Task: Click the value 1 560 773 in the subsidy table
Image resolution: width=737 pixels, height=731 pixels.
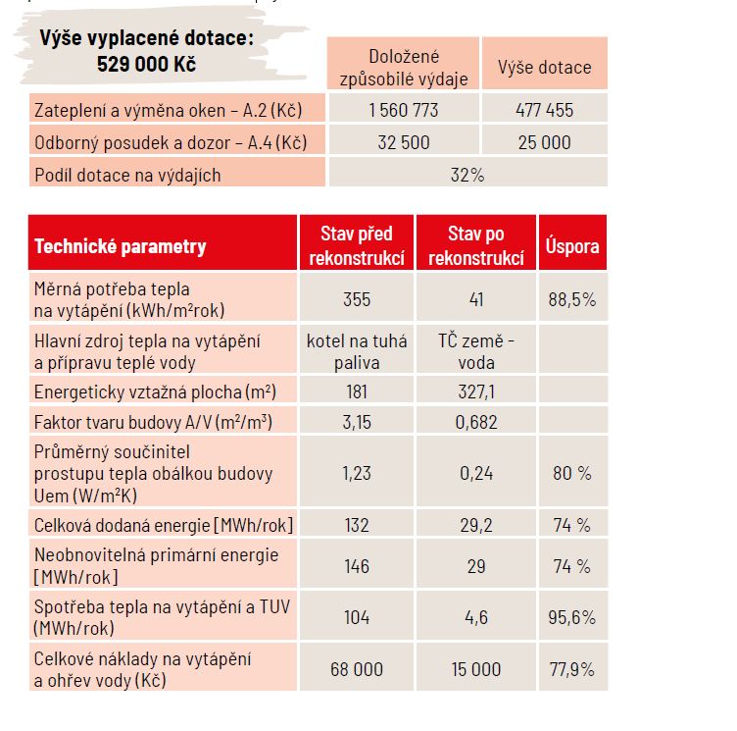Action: tap(404, 110)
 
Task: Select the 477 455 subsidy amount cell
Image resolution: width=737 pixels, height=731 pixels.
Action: tap(544, 110)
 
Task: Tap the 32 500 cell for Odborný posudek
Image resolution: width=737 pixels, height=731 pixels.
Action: tap(404, 142)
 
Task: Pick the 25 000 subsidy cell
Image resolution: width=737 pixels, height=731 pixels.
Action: tap(544, 142)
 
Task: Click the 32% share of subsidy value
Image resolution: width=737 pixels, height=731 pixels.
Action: tap(467, 175)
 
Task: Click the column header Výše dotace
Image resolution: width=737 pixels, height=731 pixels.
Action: tap(544, 68)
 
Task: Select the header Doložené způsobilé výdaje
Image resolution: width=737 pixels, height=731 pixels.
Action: tap(404, 68)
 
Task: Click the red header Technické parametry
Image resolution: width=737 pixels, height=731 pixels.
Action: tap(121, 246)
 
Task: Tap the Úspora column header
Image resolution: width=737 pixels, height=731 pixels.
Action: tap(571, 246)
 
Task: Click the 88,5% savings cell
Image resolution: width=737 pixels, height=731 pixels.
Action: tap(571, 299)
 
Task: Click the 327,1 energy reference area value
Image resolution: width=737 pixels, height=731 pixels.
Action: tap(475, 392)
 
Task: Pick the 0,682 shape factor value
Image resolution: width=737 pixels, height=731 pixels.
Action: tap(475, 423)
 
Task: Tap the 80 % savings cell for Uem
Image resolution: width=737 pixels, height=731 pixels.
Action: tap(571, 473)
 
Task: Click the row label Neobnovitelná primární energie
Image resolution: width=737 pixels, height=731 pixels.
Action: tap(157, 554)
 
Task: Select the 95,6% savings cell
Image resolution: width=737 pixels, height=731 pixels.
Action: tap(571, 617)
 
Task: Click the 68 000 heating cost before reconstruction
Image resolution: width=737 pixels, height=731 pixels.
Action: tap(356, 669)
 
